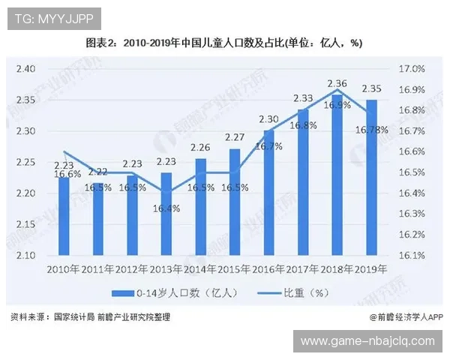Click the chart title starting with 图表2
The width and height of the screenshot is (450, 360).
[x=224, y=43]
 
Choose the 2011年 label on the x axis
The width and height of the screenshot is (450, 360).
[x=97, y=268]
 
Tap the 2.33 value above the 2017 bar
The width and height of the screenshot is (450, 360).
[x=303, y=98]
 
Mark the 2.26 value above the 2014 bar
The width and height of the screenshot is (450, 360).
[x=200, y=147]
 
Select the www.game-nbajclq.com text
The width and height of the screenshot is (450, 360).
[x=367, y=340]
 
